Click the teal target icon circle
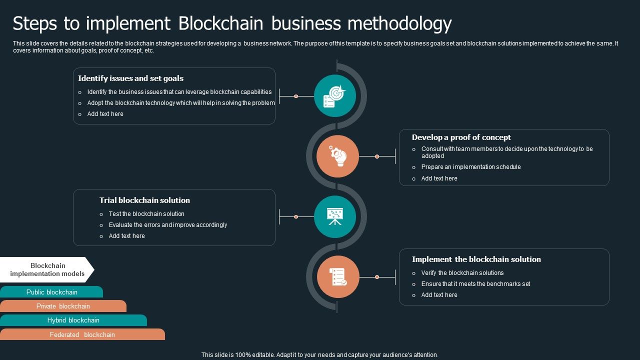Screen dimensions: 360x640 pyautogui.click(x=335, y=96)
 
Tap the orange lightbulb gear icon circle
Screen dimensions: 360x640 pyautogui.click(x=338, y=156)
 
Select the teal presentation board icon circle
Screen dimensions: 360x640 pyautogui.click(x=335, y=216)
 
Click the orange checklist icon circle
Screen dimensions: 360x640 pyautogui.click(x=338, y=277)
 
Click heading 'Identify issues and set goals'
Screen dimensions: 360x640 pyautogui.click(x=130, y=78)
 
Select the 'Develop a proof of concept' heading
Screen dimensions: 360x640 pyautogui.click(x=461, y=137)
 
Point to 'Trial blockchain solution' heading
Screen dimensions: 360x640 pyautogui.click(x=144, y=200)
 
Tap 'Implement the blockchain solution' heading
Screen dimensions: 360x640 pyautogui.click(x=476, y=259)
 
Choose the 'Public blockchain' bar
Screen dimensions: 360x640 pyautogui.click(x=51, y=292)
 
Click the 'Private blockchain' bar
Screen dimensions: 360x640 pyautogui.click(x=63, y=306)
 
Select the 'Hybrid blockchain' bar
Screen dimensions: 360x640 pyautogui.click(x=73, y=320)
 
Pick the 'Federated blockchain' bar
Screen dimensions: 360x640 pyautogui.click(x=82, y=334)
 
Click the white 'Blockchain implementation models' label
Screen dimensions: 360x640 pyautogui.click(x=47, y=269)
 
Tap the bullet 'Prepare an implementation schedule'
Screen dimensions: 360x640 pyautogui.click(x=470, y=167)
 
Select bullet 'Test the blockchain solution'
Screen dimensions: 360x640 pyautogui.click(x=146, y=214)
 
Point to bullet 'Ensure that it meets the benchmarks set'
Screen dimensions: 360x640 pyautogui.click(x=475, y=284)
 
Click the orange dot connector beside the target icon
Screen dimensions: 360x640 pyautogui.click(x=296, y=96)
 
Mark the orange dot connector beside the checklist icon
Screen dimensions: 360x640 pyautogui.click(x=377, y=277)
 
